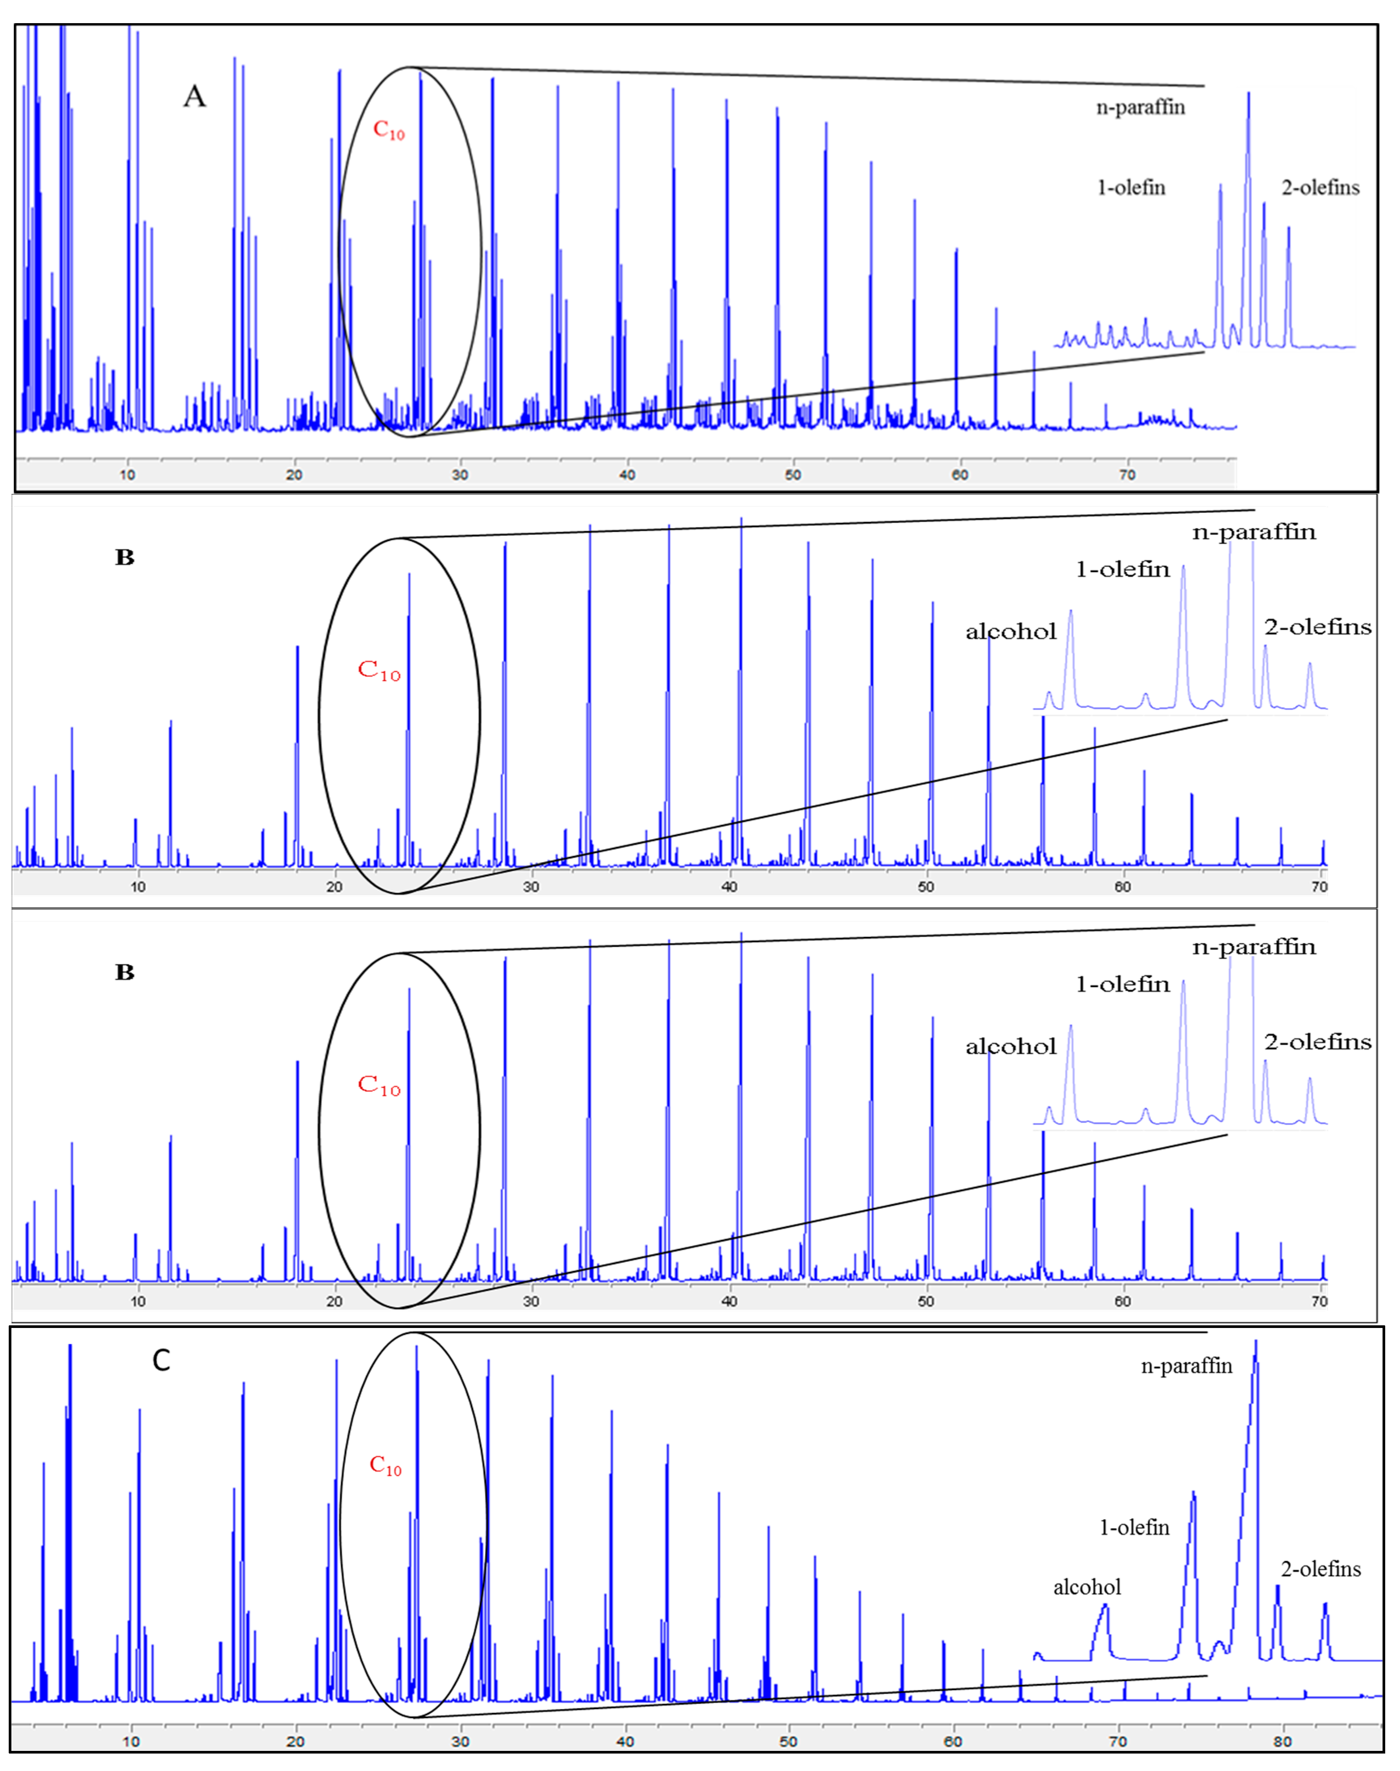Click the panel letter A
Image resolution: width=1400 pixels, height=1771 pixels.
point(194,97)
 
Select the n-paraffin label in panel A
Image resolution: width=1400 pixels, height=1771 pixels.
point(1140,107)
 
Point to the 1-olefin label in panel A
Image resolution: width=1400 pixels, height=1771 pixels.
point(1131,188)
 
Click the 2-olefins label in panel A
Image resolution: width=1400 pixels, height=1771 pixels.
point(1320,188)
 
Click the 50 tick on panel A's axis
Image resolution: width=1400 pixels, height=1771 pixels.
point(793,475)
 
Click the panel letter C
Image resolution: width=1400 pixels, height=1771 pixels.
point(161,1360)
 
